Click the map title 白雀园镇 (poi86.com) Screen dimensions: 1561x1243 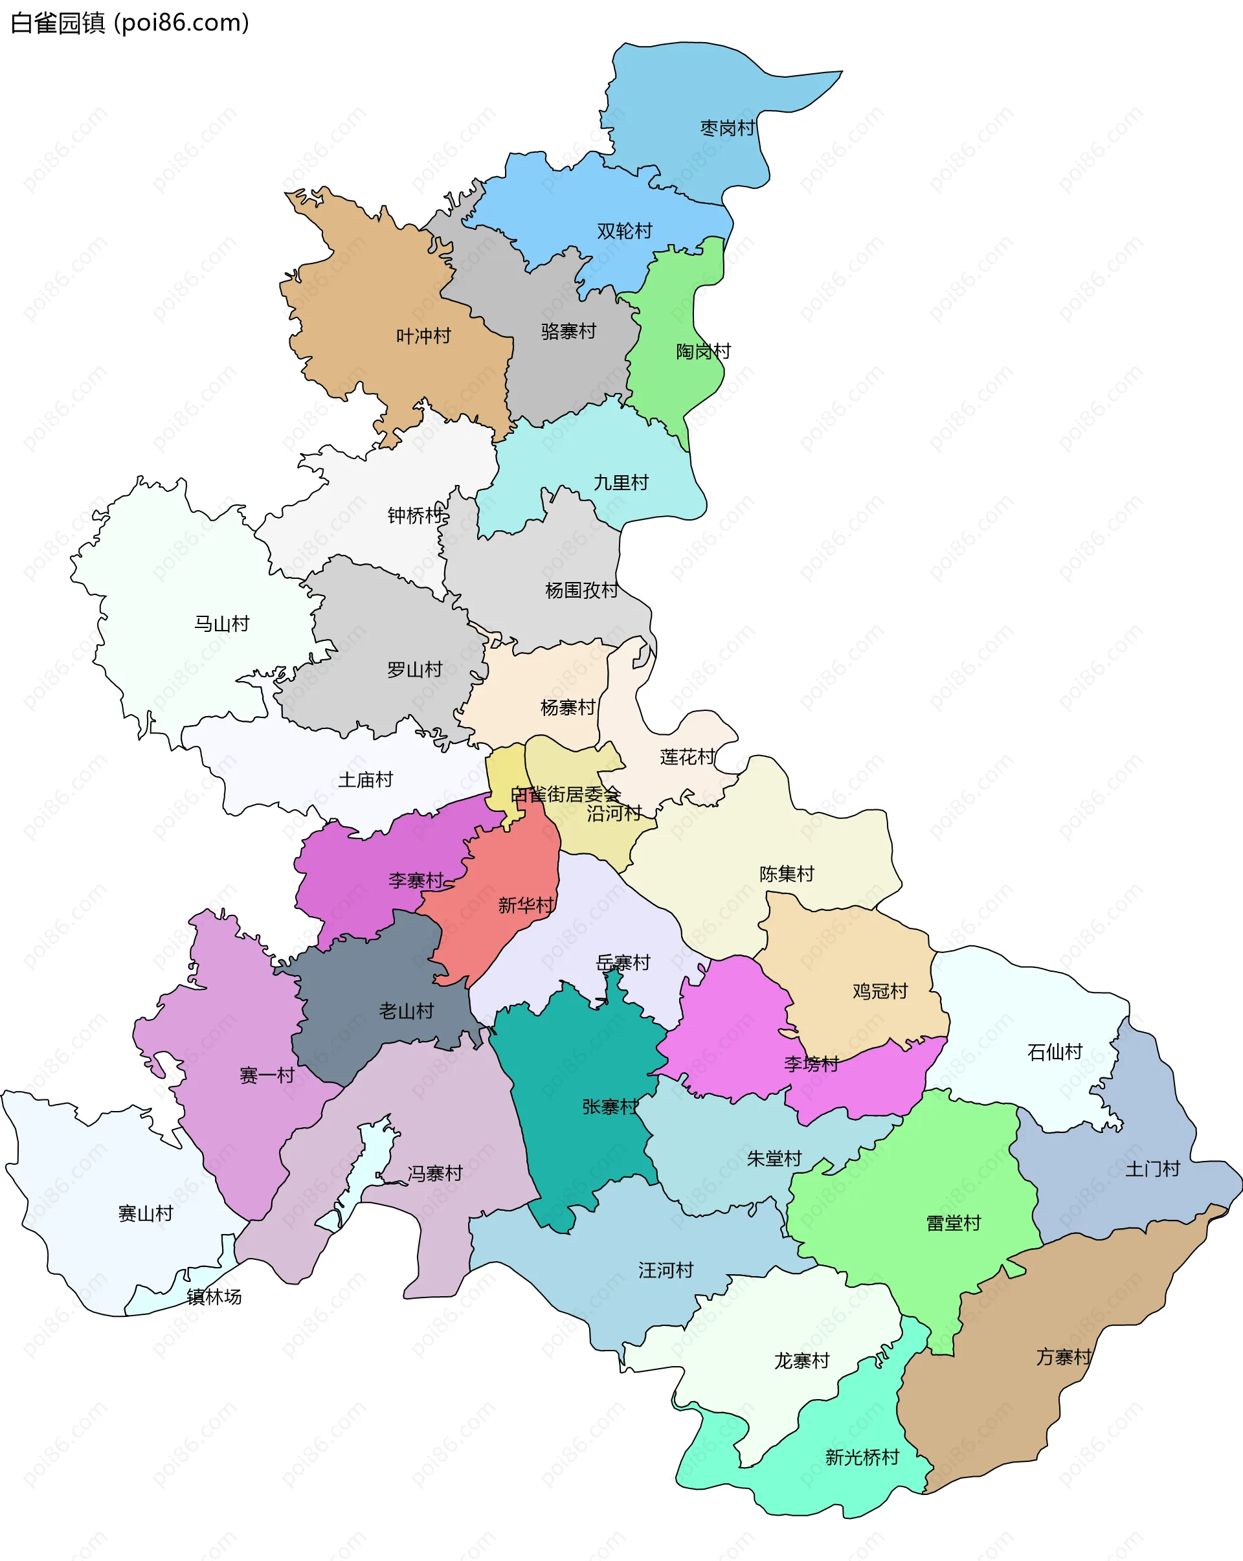130,23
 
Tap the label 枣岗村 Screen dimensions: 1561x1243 727,128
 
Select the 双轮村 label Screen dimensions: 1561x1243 624,231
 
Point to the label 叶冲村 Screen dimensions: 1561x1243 423,336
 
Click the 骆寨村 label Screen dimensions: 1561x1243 568,331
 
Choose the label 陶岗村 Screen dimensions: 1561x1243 703,352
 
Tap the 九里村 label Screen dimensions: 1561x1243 620,483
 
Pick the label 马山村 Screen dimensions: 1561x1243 221,624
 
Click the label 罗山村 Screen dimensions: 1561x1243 414,669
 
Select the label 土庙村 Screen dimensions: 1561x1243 365,780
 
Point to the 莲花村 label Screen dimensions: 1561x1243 687,758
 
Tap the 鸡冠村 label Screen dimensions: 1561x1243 880,991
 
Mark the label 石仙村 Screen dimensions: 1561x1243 1054,1052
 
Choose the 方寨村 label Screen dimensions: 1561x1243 1063,1357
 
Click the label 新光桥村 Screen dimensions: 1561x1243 862,1457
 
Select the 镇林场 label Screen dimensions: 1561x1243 214,1297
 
